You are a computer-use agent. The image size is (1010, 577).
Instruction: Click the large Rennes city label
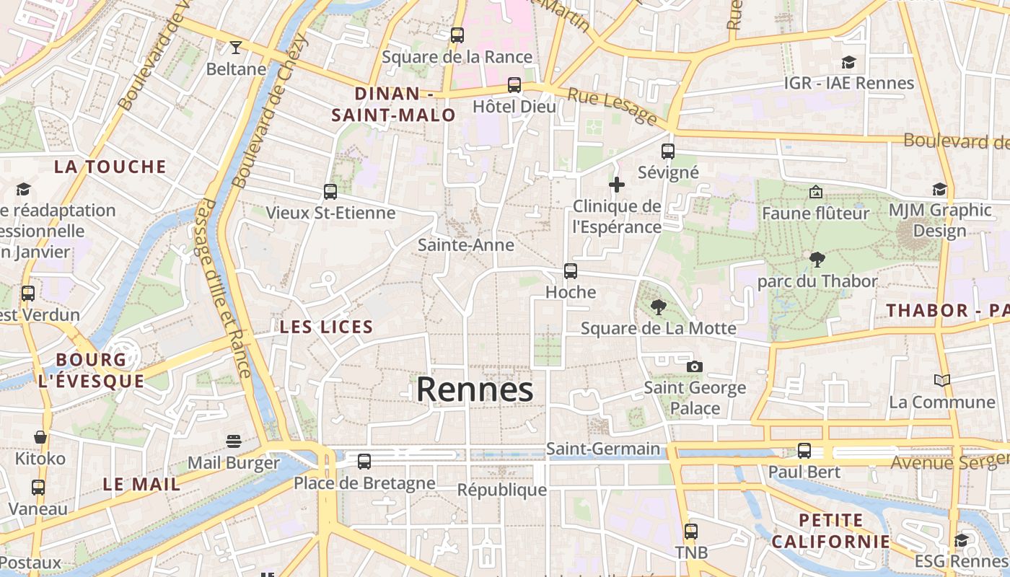(x=475, y=389)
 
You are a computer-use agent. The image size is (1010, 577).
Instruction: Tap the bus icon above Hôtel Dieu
(x=514, y=85)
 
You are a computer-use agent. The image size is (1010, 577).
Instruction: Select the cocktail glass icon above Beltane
(x=235, y=48)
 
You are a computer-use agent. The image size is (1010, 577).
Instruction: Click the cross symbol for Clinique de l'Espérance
(x=617, y=185)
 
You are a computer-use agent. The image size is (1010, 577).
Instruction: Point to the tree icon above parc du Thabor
(x=817, y=260)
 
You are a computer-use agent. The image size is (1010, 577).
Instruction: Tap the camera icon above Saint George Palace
(x=694, y=366)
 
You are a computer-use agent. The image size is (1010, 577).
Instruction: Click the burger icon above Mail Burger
(x=233, y=441)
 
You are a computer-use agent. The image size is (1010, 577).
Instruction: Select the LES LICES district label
(x=326, y=327)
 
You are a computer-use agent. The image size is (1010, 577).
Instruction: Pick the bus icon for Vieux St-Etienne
(x=330, y=192)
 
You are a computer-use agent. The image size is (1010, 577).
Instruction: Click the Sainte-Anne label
(x=466, y=245)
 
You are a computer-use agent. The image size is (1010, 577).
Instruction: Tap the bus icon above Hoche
(x=571, y=271)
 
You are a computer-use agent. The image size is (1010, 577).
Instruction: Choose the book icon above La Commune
(x=941, y=380)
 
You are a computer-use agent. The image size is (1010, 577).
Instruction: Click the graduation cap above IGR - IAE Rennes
(x=849, y=63)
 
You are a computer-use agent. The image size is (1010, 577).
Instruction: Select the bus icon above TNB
(x=691, y=532)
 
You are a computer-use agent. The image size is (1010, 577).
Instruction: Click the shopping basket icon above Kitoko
(x=40, y=437)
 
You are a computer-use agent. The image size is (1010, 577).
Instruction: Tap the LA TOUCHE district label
(x=110, y=167)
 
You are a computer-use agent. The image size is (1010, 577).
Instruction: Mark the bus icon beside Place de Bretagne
(x=364, y=462)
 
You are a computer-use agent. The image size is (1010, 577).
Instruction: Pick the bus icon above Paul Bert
(x=804, y=451)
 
